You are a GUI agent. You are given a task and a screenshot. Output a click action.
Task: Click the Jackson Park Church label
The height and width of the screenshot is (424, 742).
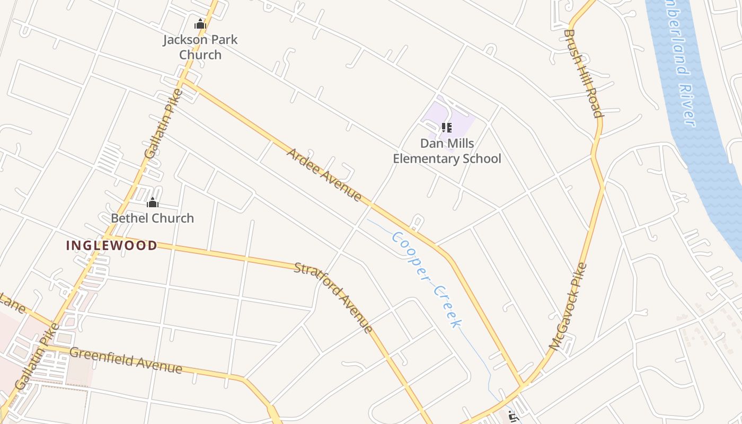click(200, 47)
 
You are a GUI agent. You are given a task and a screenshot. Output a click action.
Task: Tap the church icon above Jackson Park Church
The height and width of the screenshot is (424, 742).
click(200, 24)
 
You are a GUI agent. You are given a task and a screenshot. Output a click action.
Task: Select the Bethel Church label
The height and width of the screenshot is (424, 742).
click(152, 218)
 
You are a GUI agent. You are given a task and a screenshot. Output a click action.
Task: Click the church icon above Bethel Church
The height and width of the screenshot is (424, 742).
click(153, 202)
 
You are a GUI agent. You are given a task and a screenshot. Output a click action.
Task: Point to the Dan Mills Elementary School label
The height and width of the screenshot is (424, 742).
click(447, 151)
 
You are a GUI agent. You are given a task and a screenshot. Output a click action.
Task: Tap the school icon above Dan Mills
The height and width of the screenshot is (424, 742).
click(447, 128)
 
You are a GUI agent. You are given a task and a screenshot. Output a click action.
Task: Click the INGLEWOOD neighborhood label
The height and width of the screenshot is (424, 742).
click(111, 245)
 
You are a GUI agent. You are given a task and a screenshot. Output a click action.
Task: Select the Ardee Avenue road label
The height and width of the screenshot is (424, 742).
click(324, 175)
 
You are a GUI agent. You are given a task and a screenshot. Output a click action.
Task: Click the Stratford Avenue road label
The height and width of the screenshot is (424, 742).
click(333, 297)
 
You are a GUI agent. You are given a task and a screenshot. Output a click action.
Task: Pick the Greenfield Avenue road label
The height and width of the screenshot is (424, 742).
click(126, 360)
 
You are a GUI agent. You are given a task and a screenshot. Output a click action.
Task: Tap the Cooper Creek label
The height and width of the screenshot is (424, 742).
click(427, 279)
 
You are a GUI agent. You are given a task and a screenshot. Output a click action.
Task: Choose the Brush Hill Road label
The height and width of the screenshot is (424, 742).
click(584, 73)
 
